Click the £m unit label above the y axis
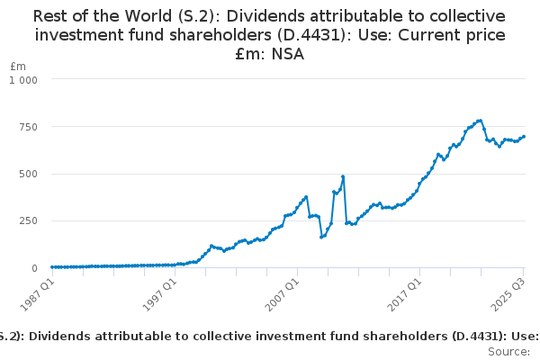point(18,67)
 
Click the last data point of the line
point(524,137)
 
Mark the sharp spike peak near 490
point(343,176)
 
